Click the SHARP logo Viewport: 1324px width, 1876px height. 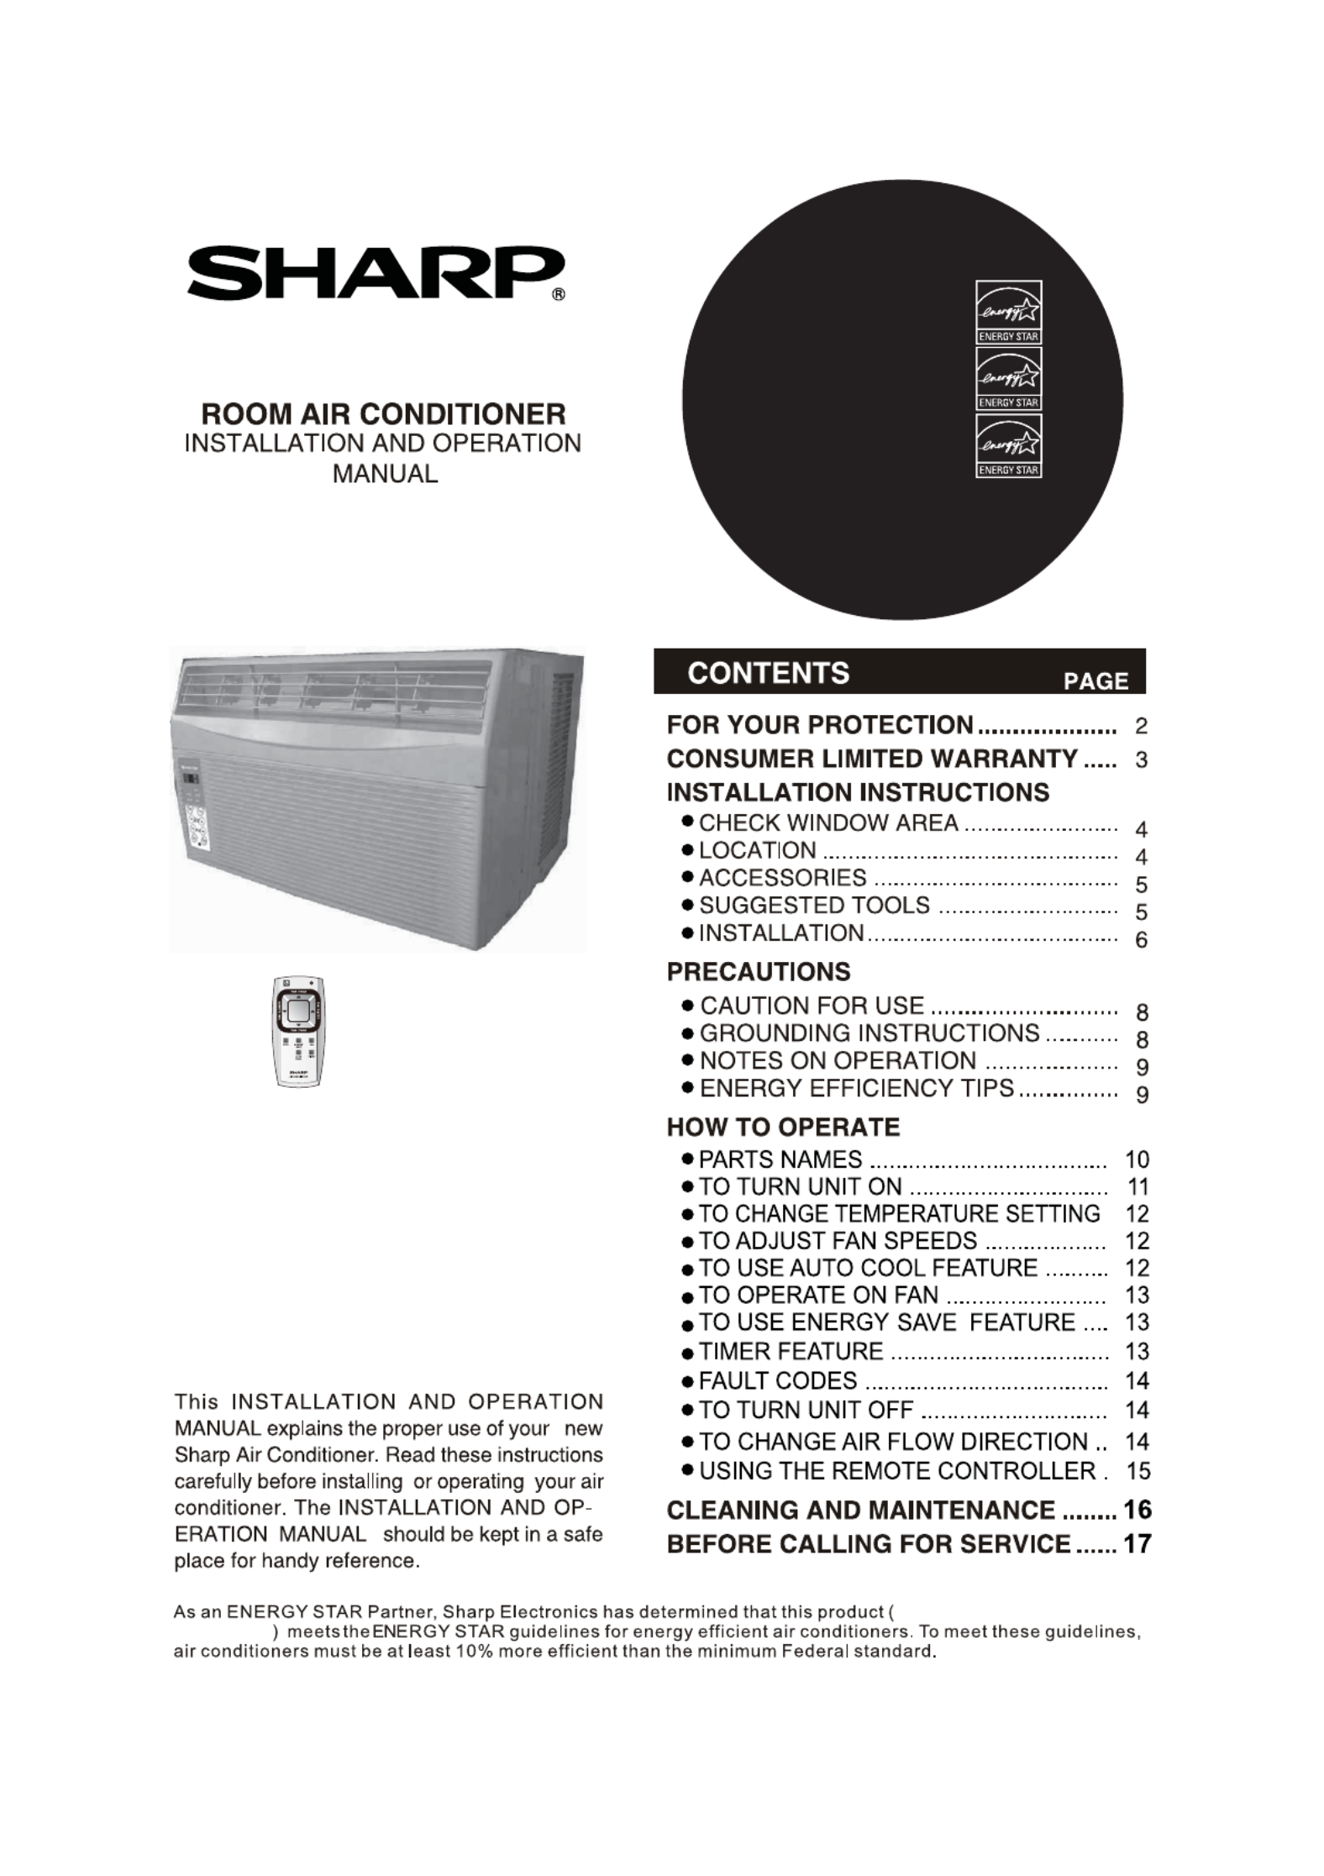click(x=375, y=273)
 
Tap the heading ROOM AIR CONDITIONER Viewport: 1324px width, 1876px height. click(x=383, y=414)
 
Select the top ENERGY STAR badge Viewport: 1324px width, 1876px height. click(x=1008, y=312)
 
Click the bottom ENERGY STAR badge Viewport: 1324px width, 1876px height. click(x=1008, y=446)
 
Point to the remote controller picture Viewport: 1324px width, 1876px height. click(x=298, y=1031)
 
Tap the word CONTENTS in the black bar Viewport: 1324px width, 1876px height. click(x=768, y=674)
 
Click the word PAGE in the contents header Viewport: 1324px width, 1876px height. click(x=1095, y=681)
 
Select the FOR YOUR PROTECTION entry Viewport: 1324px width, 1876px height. click(x=819, y=725)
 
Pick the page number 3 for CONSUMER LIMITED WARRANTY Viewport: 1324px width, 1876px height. click(x=1141, y=760)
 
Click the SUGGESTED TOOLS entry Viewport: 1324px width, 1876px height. click(x=814, y=906)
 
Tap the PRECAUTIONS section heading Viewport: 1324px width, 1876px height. click(x=758, y=972)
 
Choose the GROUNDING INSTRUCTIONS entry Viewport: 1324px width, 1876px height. click(x=870, y=1033)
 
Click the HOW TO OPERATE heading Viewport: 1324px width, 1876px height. click(x=783, y=1127)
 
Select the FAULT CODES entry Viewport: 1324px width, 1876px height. click(x=778, y=1381)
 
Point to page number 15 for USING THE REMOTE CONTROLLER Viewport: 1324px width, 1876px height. click(x=1137, y=1471)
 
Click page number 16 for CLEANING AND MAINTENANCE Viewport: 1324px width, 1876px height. click(x=1137, y=1510)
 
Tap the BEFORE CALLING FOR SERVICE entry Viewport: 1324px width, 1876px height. click(x=869, y=1544)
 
